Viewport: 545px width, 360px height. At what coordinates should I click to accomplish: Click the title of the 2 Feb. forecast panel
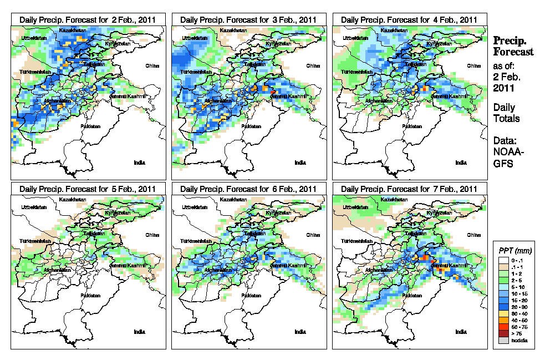coord(88,19)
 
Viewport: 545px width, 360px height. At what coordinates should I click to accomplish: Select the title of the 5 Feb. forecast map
coord(88,189)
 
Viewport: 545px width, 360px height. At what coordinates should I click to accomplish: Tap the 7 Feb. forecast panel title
coord(409,189)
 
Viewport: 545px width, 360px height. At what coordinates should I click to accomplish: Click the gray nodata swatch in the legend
coord(502,341)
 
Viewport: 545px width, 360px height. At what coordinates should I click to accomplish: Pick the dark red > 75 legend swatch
coord(502,334)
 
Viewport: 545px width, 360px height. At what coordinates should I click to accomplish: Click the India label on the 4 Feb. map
coord(460,163)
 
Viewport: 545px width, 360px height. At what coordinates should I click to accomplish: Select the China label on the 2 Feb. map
coord(152,65)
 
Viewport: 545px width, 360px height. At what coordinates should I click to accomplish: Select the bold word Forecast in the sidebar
coord(513,52)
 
